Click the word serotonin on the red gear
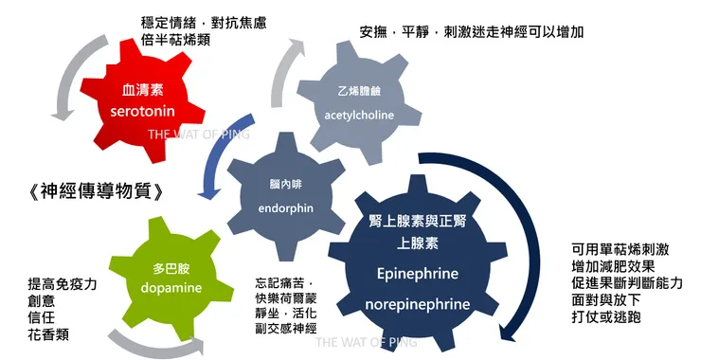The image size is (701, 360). [142, 111]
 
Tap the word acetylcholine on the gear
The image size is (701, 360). [359, 115]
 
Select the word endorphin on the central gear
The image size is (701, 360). [286, 208]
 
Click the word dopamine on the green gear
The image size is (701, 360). [171, 288]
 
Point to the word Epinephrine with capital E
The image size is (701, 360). [418, 273]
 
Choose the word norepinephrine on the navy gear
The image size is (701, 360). [418, 304]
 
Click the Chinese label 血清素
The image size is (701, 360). [143, 90]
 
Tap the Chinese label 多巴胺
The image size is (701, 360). [171, 268]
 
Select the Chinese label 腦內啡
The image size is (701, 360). [286, 184]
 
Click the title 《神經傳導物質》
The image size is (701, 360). [96, 192]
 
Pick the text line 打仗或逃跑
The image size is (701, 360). [605, 317]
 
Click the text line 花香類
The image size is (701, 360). [48, 334]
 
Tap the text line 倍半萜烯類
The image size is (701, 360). [175, 40]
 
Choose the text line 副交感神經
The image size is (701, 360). [286, 329]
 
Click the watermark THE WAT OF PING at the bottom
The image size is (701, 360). [367, 343]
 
